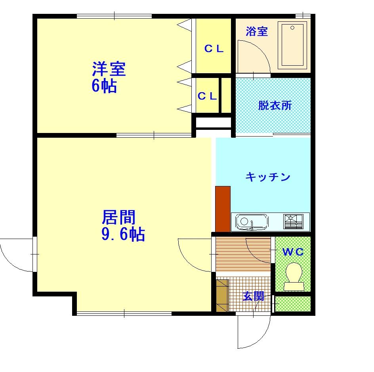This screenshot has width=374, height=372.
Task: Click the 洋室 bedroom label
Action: [x=109, y=69]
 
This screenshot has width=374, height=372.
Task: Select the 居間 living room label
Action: [x=118, y=217]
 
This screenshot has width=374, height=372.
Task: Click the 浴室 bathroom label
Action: [x=257, y=31]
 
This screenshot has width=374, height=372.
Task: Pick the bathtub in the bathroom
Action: [x=292, y=45]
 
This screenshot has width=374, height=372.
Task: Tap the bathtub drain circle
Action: [x=292, y=28]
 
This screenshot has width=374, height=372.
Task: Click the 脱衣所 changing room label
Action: [x=275, y=105]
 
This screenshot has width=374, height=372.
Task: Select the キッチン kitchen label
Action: [x=268, y=177]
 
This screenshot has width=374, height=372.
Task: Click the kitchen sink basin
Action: [x=252, y=222]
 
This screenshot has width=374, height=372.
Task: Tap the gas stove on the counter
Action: [x=293, y=222]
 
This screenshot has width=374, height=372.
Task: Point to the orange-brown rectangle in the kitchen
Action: [x=223, y=209]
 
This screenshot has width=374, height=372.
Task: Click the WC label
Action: [x=293, y=252]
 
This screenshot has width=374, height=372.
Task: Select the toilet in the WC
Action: [x=294, y=277]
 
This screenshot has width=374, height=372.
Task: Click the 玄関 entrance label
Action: [x=253, y=296]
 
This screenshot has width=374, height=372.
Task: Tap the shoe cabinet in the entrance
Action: [x=222, y=296]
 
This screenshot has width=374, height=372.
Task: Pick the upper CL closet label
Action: [x=214, y=49]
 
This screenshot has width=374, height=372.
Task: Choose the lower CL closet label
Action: [x=207, y=96]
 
